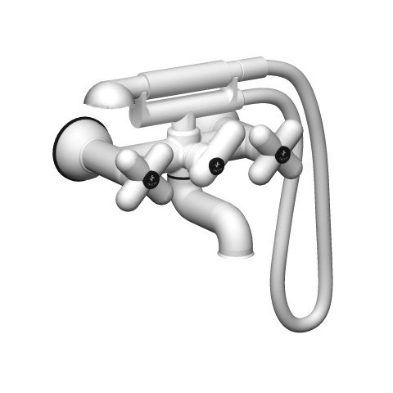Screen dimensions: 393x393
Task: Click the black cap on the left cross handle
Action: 151,178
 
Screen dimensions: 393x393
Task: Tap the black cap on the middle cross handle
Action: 218,161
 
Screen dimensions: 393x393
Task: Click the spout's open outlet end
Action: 235,250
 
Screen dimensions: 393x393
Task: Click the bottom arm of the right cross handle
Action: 289,168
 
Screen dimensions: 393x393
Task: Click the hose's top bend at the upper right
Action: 307,82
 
